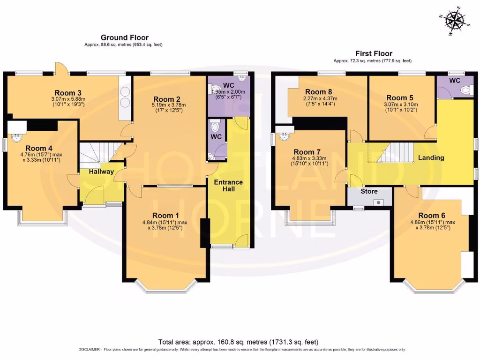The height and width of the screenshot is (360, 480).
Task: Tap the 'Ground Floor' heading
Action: (125, 37)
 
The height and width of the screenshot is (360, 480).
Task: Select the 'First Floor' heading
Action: (374, 53)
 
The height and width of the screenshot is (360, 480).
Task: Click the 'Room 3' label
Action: (68, 92)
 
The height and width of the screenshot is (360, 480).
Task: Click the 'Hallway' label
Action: (101, 172)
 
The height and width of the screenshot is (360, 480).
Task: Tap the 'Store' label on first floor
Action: (369, 191)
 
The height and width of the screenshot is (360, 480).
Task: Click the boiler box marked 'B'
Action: (379, 202)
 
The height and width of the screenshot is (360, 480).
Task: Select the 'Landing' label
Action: (431, 157)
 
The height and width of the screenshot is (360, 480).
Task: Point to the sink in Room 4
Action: (17, 137)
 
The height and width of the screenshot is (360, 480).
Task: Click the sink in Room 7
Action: (285, 136)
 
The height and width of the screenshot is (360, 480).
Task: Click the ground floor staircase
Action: (96, 154)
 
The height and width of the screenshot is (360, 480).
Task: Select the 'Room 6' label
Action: (431, 215)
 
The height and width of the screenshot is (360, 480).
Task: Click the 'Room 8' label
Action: (318, 91)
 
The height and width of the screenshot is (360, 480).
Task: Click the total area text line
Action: (240, 342)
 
